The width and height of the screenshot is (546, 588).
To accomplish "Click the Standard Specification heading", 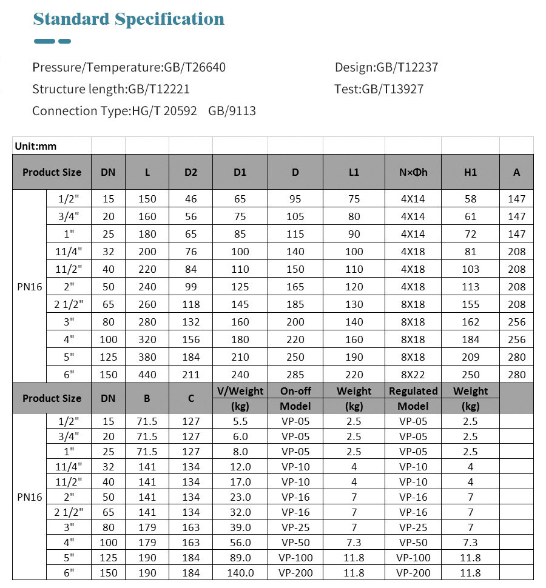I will pyautogui.click(x=129, y=19).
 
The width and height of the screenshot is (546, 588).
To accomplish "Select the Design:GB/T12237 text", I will pyautogui.click(x=386, y=67).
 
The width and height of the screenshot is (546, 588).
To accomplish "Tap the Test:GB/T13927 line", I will pyautogui.click(x=379, y=89).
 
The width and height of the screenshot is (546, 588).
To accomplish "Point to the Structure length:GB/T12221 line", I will pyautogui.click(x=111, y=89).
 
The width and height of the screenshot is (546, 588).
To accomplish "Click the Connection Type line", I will pyautogui.click(x=144, y=111).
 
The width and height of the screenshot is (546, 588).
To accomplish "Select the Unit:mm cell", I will pyautogui.click(x=36, y=146).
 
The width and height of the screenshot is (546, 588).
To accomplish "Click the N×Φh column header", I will pyautogui.click(x=413, y=172).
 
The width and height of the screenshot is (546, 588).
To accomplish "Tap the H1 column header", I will pyautogui.click(x=470, y=172).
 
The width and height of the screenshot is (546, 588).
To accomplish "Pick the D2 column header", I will pyautogui.click(x=190, y=172).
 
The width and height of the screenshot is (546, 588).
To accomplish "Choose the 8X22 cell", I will pyautogui.click(x=413, y=375).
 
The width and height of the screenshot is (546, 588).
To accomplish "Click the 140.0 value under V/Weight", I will pyautogui.click(x=240, y=573).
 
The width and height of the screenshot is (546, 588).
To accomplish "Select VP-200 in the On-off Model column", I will pyautogui.click(x=295, y=573).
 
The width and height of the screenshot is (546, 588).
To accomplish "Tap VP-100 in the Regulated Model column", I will pyautogui.click(x=413, y=558).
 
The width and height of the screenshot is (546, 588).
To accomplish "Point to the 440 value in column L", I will pyautogui.click(x=147, y=375).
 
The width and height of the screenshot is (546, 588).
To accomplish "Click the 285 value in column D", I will pyautogui.click(x=295, y=375).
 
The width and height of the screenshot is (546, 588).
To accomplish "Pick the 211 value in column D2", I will pyautogui.click(x=190, y=375).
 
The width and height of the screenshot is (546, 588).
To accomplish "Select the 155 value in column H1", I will pyautogui.click(x=470, y=304).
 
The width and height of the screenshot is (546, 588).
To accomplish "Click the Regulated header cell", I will pyautogui.click(x=413, y=391).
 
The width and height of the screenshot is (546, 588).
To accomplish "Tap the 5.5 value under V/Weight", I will pyautogui.click(x=240, y=421).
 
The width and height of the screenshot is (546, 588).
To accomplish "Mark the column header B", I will pyautogui.click(x=147, y=398).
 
